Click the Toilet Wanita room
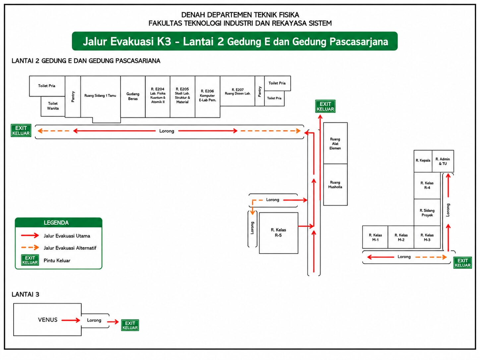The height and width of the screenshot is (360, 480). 53,106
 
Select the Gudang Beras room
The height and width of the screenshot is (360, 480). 133,96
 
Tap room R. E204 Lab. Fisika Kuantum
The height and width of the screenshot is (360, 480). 158,96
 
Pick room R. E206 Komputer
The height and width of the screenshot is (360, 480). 208,96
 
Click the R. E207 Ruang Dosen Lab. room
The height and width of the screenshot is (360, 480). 237,91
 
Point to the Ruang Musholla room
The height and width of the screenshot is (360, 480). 335,185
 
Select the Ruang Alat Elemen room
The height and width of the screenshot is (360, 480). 335,144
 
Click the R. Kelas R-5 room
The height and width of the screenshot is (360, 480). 278,233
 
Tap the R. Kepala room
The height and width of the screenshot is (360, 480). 423,161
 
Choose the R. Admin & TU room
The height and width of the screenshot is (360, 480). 443,161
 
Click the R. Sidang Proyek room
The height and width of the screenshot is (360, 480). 427,212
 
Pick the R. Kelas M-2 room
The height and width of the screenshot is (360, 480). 401,237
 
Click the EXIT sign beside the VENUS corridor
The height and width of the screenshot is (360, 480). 130,325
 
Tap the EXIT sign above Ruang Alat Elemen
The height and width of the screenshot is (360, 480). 325,106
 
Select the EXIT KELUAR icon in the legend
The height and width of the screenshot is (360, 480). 30,260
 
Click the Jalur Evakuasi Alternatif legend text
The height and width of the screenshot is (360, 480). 70,248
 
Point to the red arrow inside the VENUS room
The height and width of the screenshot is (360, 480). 71,321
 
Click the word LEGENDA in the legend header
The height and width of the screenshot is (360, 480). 56,223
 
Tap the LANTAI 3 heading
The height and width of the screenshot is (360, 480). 26,294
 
